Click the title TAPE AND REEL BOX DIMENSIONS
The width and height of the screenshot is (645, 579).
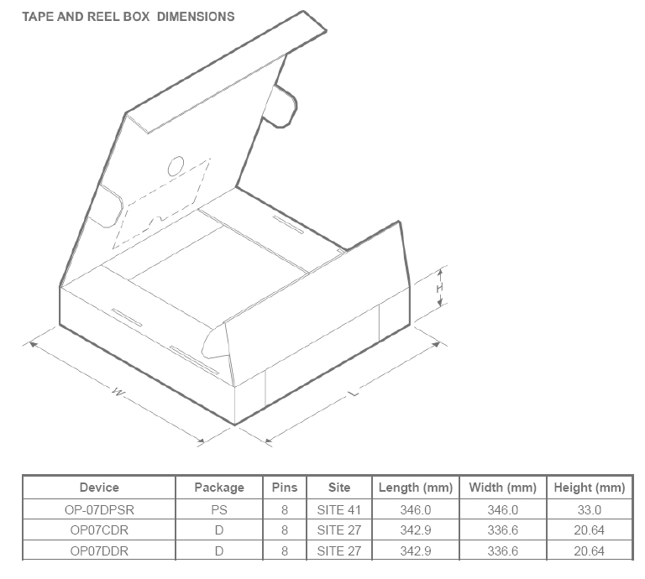coord(128,17)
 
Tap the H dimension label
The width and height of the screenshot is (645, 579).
coord(440,288)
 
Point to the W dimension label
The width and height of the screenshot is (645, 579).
coord(118,392)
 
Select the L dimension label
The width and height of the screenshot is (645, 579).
coord(354,394)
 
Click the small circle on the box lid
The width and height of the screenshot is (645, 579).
coord(176,166)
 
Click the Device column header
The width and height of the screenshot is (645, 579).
coord(99,488)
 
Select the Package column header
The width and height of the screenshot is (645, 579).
coord(219,488)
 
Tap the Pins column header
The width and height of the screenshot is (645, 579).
coord(285,488)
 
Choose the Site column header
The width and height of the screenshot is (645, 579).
coord(339,488)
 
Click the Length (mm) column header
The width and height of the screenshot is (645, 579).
coord(416,488)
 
